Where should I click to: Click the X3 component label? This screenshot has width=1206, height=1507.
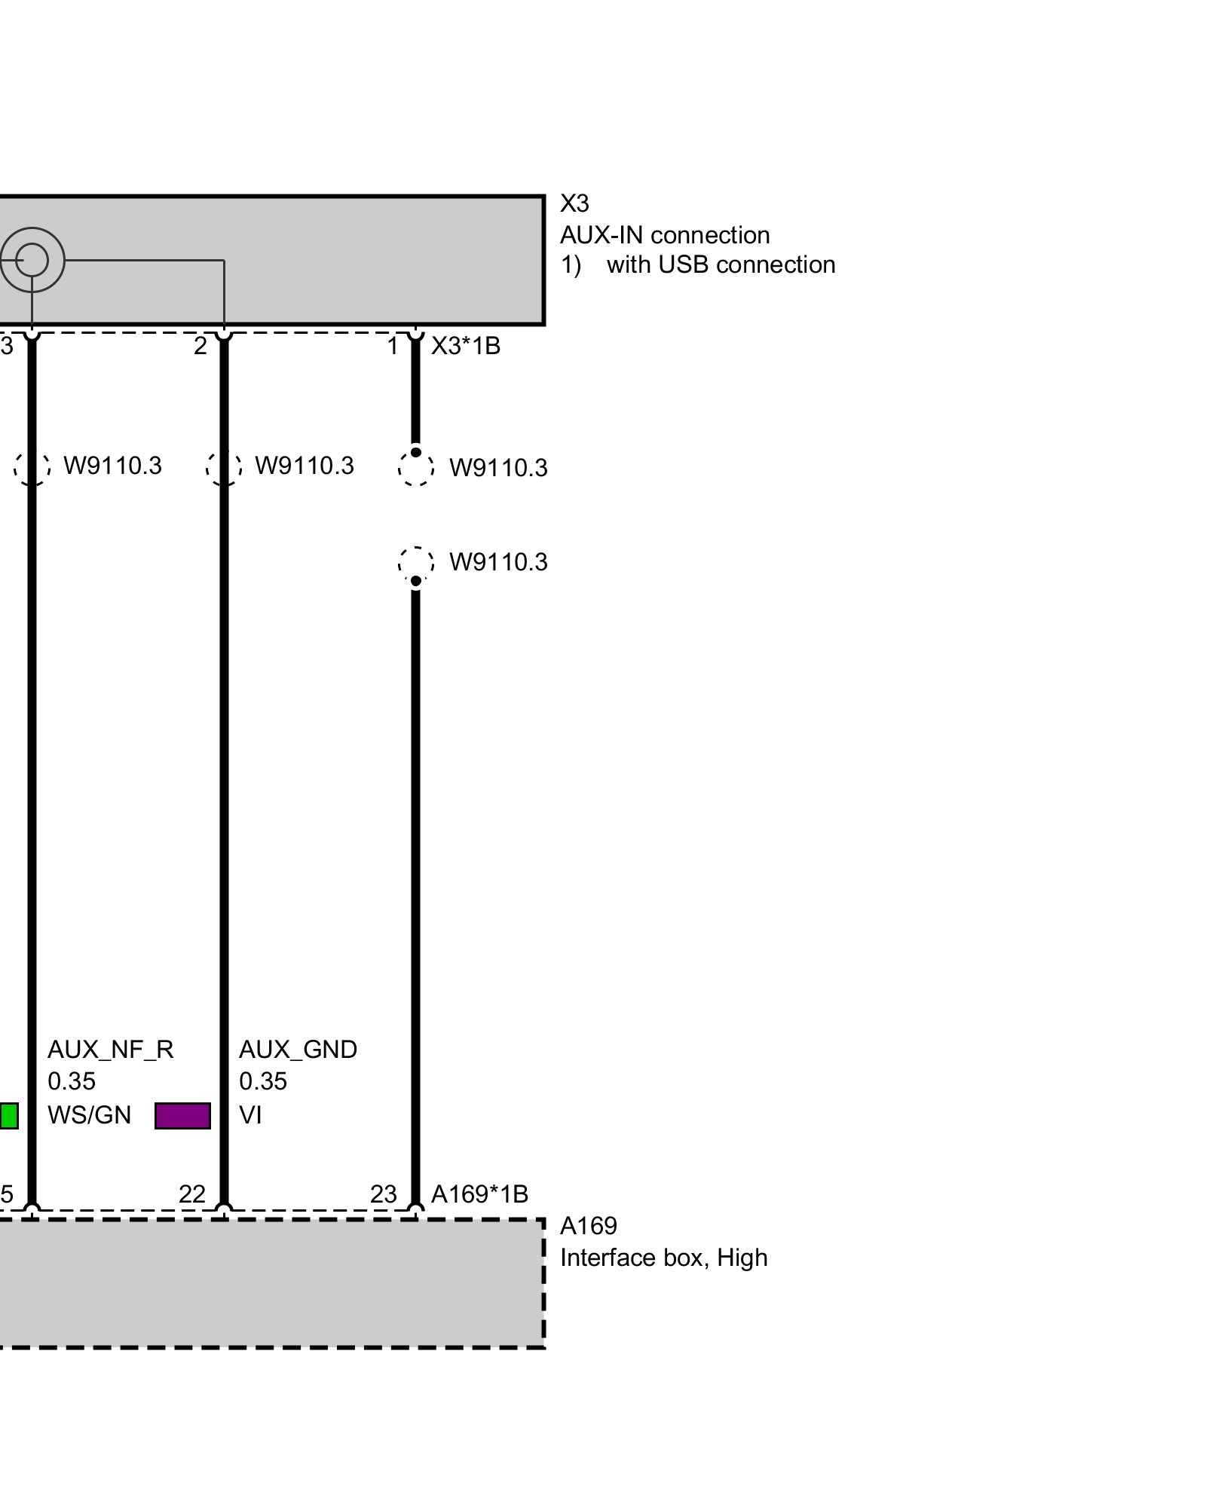574,203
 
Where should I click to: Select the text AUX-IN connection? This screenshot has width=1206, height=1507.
664,235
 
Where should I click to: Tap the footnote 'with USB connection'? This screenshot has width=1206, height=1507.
721,265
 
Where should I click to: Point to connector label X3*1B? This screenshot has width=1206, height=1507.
465,346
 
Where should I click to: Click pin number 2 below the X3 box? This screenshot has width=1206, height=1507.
200,346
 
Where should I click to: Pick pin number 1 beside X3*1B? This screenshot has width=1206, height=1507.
393,346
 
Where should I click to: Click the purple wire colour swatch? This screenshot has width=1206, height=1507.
182,1116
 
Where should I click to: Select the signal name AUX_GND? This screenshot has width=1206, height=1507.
298,1050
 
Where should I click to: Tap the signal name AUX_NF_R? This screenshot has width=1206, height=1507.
110,1050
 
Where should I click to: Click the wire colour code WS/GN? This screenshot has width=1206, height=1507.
89,1115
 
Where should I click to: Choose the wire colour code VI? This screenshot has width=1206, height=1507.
250,1115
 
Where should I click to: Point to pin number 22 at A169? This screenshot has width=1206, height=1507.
192,1194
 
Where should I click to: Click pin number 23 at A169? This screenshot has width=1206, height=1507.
384,1194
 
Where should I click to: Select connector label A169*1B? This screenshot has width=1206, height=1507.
479,1194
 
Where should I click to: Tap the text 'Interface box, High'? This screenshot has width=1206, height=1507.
663,1258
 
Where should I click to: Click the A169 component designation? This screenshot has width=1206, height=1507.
588,1226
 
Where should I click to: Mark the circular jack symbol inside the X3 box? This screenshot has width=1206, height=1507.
32,261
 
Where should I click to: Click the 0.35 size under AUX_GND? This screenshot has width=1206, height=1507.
263,1082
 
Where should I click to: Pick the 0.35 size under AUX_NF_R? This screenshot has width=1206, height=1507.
72,1082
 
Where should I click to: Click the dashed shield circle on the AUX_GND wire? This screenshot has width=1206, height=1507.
224,467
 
